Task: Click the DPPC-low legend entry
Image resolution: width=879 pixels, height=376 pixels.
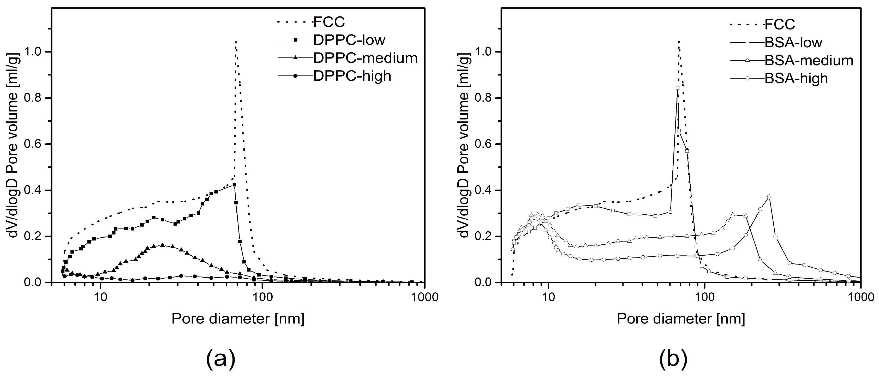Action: click(x=349, y=40)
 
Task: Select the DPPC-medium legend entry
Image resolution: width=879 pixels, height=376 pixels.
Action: click(x=365, y=58)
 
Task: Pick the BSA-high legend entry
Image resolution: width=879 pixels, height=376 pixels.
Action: click(x=796, y=79)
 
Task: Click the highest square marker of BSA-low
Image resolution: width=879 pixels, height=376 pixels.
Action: click(x=678, y=88)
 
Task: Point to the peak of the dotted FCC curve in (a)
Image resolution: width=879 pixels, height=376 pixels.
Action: click(x=235, y=51)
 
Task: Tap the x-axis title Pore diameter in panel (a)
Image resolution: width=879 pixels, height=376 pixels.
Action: click(x=238, y=319)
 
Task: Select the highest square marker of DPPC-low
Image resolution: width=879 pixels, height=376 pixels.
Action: click(x=234, y=185)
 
